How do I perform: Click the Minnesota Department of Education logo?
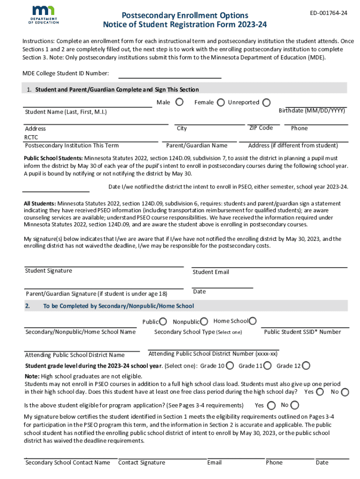[43, 15]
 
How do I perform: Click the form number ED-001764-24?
[329, 13]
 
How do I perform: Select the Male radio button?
[179, 102]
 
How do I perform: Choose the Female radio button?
[220, 102]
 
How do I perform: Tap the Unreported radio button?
[266, 102]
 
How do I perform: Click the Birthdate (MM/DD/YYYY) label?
[312, 111]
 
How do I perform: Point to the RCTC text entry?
[31, 138]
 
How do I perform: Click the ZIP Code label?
[261, 128]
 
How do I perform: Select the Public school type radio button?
[163, 321]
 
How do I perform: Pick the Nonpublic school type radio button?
[204, 321]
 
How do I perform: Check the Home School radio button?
[252, 321]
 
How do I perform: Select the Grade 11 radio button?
[267, 366]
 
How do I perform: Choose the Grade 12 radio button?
[306, 366]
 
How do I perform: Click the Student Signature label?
[49, 271]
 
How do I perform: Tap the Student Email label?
[211, 272]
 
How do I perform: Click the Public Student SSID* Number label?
[302, 332]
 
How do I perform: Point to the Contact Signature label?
[142, 463]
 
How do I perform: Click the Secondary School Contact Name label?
[68, 463]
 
